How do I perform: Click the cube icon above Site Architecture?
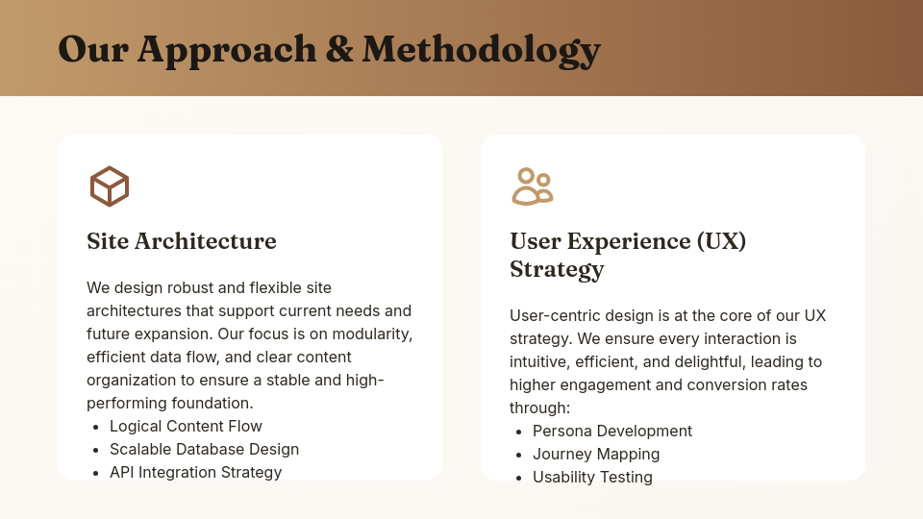(x=109, y=185)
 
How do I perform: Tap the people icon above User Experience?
(x=532, y=185)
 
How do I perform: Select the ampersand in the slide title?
(x=339, y=49)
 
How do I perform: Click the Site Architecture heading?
(x=182, y=240)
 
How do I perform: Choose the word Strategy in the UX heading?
(x=557, y=268)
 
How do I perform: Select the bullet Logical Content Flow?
(x=186, y=426)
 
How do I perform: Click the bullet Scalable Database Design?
(x=204, y=449)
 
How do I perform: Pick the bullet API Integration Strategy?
(x=195, y=472)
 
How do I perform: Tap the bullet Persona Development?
(x=612, y=431)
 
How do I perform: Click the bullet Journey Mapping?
(x=596, y=454)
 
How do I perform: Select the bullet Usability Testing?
(x=592, y=477)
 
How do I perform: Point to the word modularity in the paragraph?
(x=370, y=334)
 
